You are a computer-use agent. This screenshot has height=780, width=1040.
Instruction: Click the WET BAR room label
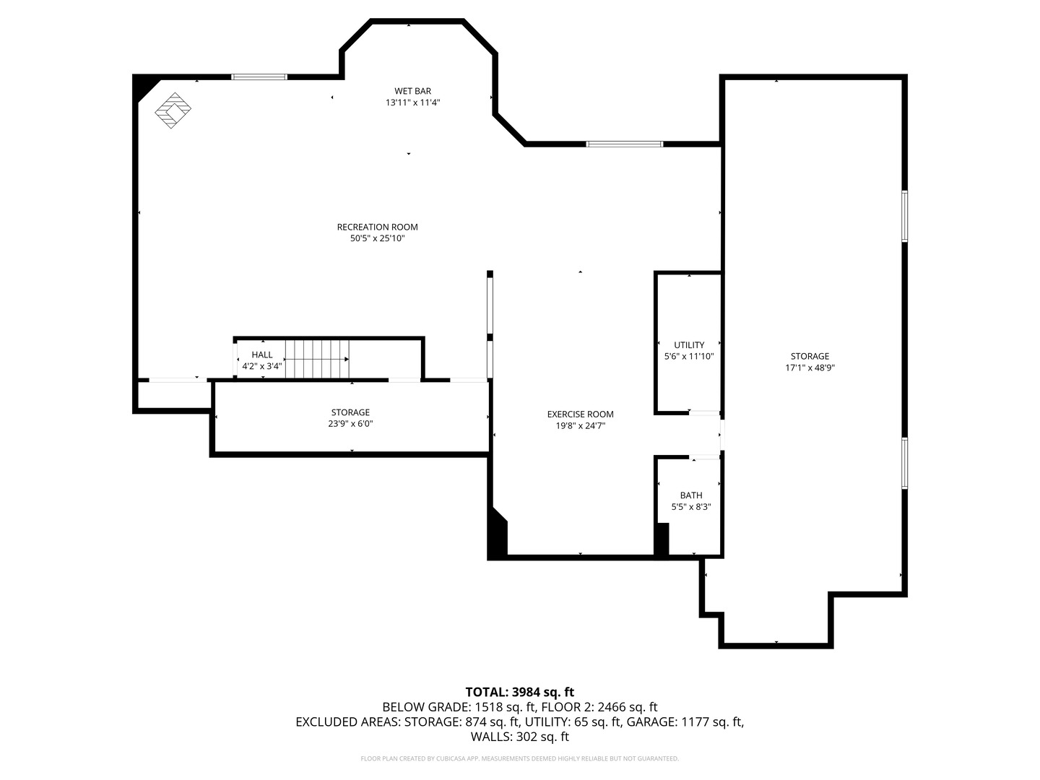(412, 91)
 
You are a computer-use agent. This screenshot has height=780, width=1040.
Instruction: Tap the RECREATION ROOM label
(377, 227)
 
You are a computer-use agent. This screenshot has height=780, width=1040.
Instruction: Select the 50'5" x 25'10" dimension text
(377, 238)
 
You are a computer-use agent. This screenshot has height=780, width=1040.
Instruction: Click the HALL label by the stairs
(262, 355)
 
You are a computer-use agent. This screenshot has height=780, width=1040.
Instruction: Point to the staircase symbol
(317, 359)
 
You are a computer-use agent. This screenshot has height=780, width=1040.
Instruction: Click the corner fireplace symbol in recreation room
(173, 110)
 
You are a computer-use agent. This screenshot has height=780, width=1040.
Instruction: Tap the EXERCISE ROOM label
(580, 414)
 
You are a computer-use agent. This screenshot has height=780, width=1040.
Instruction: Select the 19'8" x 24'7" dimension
(580, 425)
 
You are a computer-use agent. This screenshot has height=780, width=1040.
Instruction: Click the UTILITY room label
(689, 345)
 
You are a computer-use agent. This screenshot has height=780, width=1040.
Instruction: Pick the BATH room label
(691, 495)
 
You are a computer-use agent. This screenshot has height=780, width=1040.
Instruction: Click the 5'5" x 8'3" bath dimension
(691, 507)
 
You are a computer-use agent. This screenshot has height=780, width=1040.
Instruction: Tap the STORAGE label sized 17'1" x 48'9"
(810, 356)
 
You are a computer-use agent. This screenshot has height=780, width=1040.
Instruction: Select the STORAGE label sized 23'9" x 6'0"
(350, 412)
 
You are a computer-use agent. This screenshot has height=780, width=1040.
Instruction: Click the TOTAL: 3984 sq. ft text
(519, 692)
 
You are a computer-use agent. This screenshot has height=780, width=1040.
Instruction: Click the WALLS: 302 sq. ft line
(519, 737)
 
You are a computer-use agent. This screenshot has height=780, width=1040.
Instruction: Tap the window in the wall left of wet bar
(259, 77)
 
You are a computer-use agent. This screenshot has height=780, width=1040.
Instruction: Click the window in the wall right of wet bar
(624, 144)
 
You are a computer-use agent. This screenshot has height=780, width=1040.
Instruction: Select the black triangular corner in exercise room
(498, 534)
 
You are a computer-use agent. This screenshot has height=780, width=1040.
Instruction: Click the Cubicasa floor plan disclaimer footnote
(519, 758)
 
